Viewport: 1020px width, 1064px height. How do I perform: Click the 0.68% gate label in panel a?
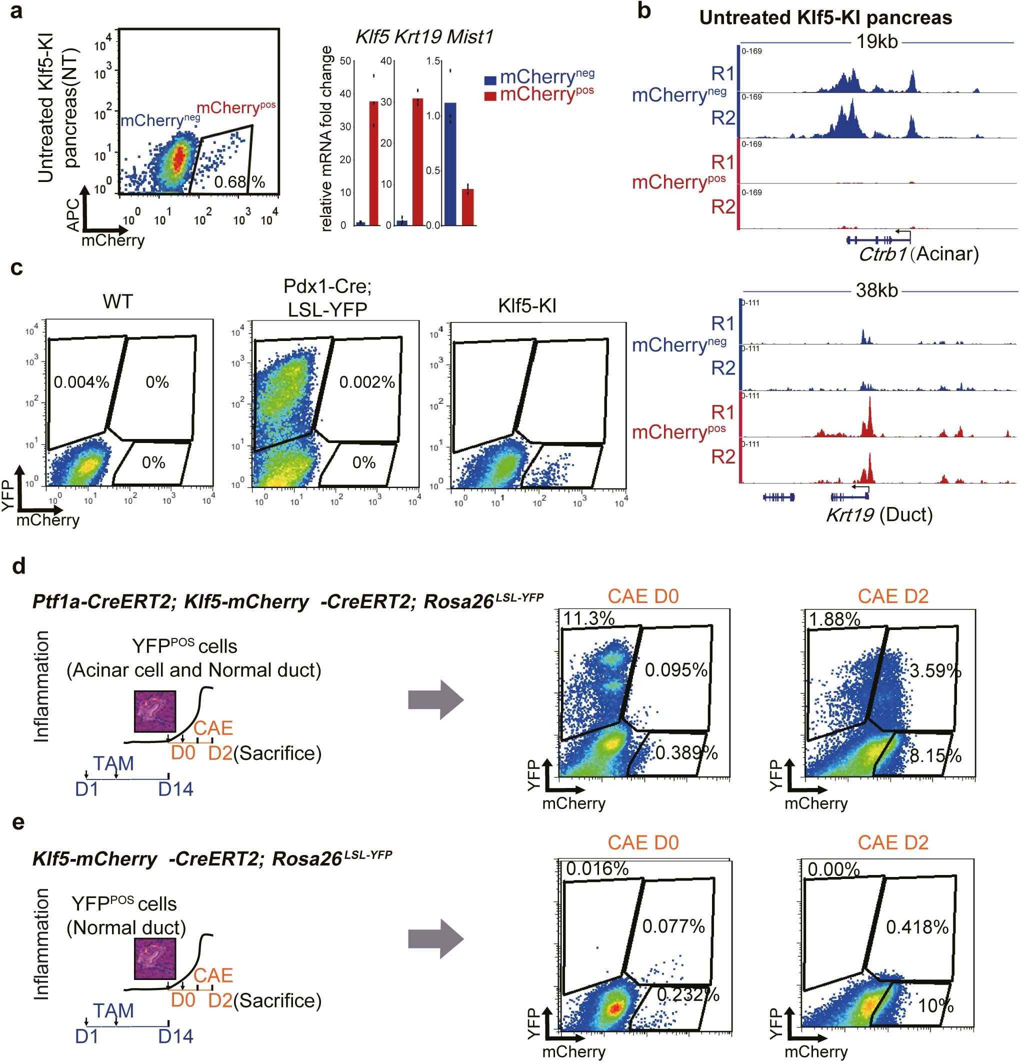click(239, 181)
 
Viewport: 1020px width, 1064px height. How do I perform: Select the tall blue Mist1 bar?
click(450, 163)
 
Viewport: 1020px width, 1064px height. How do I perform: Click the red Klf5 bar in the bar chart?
click(374, 163)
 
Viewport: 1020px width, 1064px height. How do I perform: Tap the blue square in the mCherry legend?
click(490, 80)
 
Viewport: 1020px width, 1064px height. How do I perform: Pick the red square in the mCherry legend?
click(490, 96)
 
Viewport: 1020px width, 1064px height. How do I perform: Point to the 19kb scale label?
click(876, 42)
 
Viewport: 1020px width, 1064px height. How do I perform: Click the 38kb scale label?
click(876, 291)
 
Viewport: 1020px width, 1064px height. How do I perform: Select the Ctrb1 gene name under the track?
click(882, 253)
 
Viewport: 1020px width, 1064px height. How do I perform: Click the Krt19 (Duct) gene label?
click(879, 514)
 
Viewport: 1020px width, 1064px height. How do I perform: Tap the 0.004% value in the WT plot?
click(81, 382)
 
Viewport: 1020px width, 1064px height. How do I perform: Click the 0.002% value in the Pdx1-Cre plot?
click(367, 382)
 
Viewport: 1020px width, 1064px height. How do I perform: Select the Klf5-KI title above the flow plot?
click(527, 306)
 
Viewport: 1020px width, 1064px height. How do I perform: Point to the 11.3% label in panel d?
click(588, 618)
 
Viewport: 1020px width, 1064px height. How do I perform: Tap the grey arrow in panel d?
click(436, 700)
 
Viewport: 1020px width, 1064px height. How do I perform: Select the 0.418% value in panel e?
click(917, 926)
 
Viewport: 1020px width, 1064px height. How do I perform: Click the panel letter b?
click(644, 11)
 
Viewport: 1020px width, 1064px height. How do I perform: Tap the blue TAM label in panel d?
click(113, 763)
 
